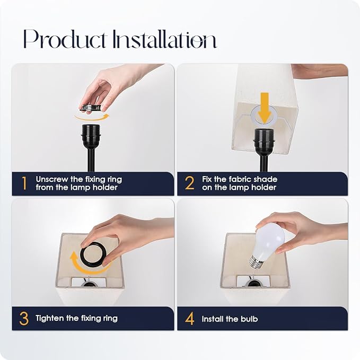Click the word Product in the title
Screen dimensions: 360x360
point(65,39)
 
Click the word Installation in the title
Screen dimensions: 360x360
point(164,39)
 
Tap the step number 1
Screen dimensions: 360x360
point(24,183)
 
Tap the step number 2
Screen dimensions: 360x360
point(190,183)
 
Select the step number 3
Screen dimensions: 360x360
point(24,319)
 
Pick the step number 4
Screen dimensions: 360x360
point(190,319)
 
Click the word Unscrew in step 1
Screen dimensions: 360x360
point(52,179)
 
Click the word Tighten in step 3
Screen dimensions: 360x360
point(50,318)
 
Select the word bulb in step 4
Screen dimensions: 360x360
point(249,319)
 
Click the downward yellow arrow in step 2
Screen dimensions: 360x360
point(265,108)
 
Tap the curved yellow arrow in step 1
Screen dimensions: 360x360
point(92,118)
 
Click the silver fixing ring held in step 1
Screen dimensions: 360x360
point(91,108)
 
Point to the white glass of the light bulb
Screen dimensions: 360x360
point(270,242)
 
